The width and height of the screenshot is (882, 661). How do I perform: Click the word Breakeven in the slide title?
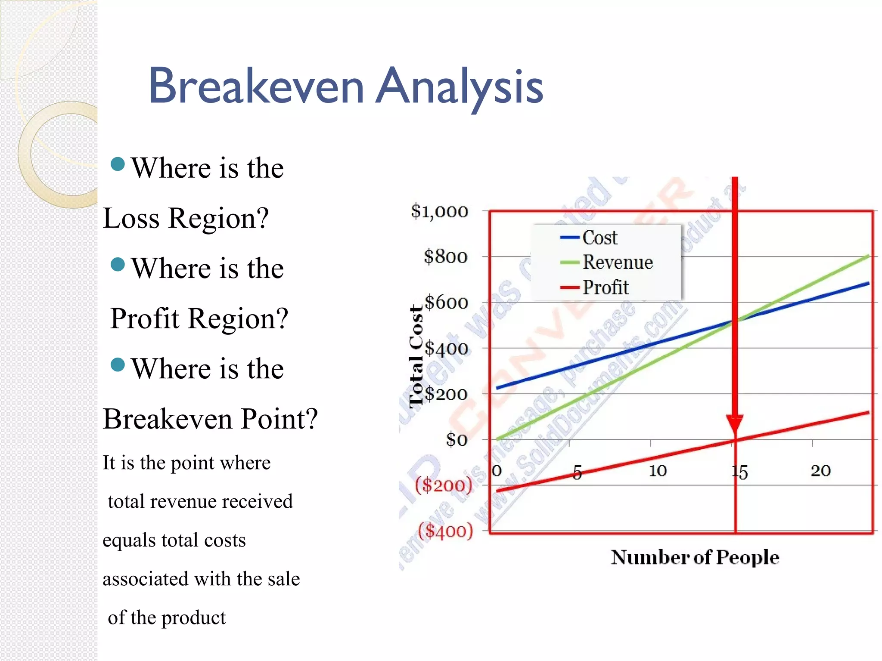click(x=257, y=86)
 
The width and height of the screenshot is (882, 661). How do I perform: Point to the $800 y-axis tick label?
click(x=445, y=257)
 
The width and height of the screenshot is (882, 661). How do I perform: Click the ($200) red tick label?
click(x=444, y=485)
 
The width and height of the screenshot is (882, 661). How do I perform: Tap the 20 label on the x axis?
click(x=820, y=470)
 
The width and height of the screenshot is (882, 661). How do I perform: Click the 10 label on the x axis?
click(x=658, y=470)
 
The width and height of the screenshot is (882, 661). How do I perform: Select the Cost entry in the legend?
click(x=599, y=238)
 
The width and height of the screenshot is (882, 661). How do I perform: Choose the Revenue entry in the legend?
click(x=617, y=262)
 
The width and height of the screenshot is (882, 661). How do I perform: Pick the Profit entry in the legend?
click(x=605, y=287)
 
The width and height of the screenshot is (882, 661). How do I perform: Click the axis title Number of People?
click(x=695, y=557)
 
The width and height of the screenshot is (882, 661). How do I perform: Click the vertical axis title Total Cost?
click(x=416, y=356)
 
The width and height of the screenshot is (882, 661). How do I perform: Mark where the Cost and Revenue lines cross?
click(x=735, y=321)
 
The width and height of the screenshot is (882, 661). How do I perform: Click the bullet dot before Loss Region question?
click(x=118, y=164)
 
